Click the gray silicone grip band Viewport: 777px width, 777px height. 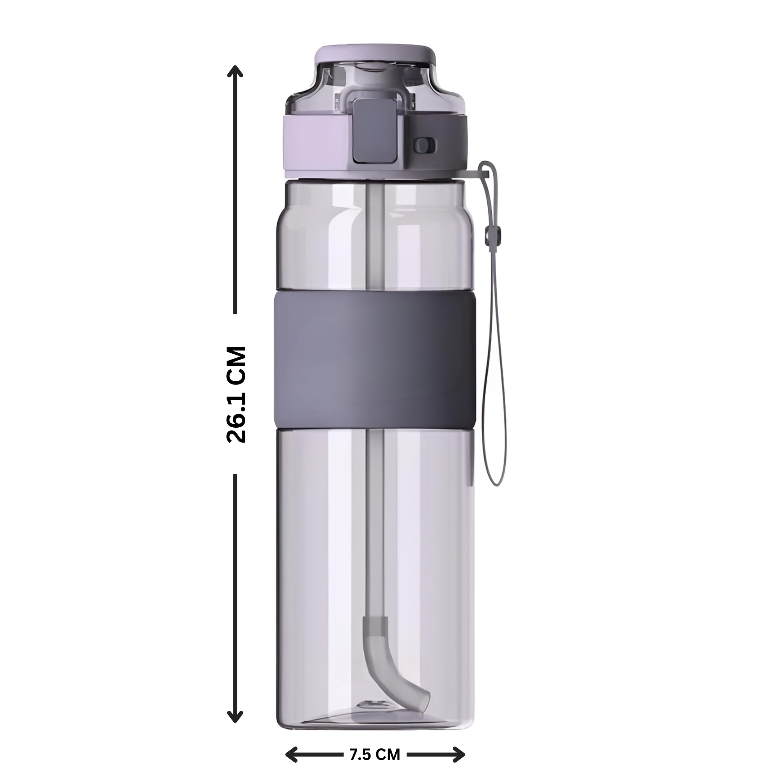pyautogui.click(x=375, y=359)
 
